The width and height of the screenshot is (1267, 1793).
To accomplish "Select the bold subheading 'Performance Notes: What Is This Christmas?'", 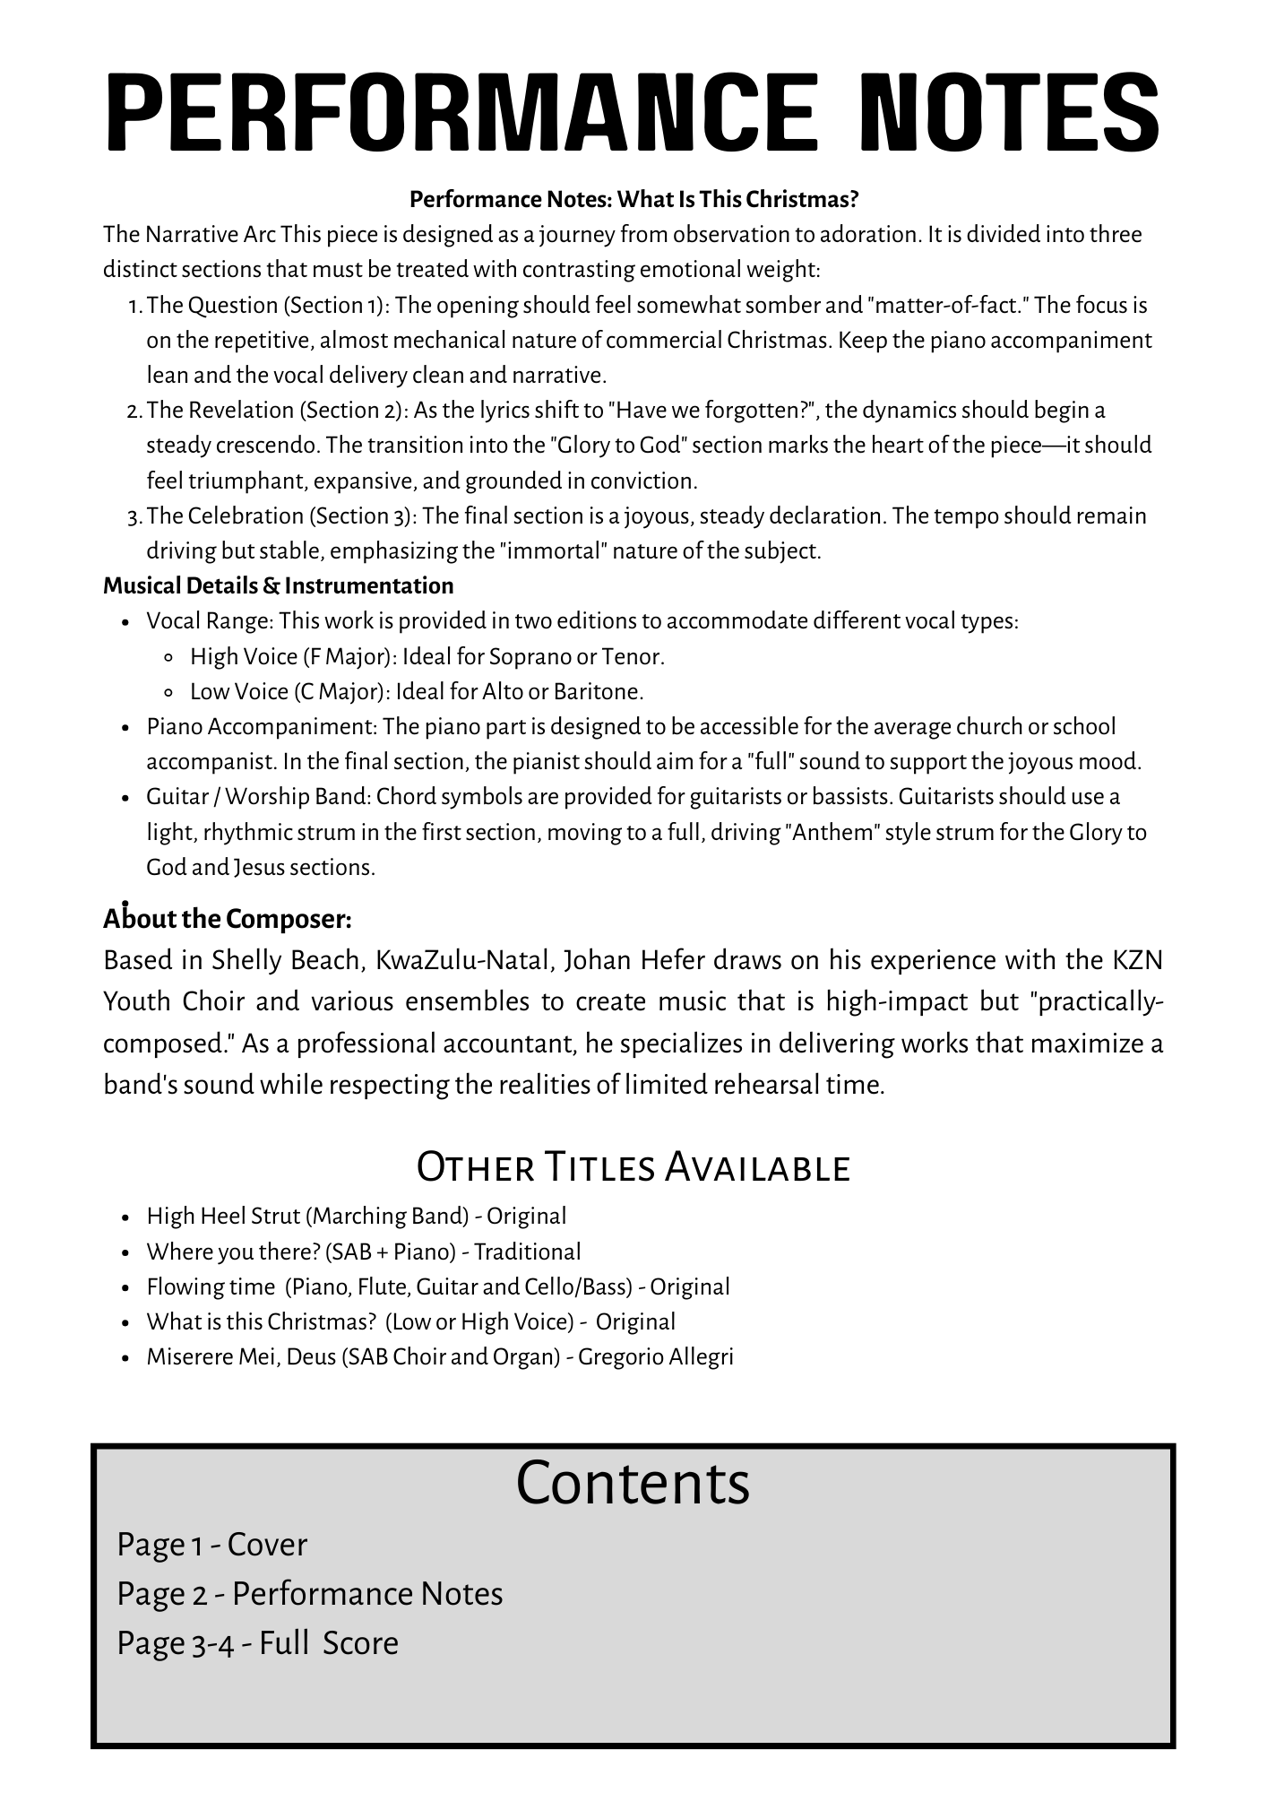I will (x=634, y=198).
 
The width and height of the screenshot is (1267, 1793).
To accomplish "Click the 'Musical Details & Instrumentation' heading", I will (x=279, y=586).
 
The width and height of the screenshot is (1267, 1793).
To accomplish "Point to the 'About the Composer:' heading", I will (x=228, y=919).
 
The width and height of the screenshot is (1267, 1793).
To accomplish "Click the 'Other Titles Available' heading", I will (x=633, y=1167).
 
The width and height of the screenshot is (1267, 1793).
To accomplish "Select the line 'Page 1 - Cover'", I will (x=212, y=1545).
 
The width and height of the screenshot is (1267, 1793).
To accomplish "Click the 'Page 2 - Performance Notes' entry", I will (x=310, y=1594).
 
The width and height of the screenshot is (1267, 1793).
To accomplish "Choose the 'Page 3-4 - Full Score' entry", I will (x=258, y=1643).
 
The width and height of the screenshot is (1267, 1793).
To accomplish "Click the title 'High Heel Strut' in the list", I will (x=223, y=1217).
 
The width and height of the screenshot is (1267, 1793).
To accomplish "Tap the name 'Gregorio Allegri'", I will (x=656, y=1357).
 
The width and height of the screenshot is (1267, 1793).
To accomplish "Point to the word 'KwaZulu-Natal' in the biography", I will (x=462, y=960).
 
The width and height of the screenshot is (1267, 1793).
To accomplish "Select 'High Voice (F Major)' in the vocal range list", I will (x=292, y=657).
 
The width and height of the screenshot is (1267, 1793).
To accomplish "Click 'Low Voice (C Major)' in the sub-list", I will (x=289, y=692).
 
